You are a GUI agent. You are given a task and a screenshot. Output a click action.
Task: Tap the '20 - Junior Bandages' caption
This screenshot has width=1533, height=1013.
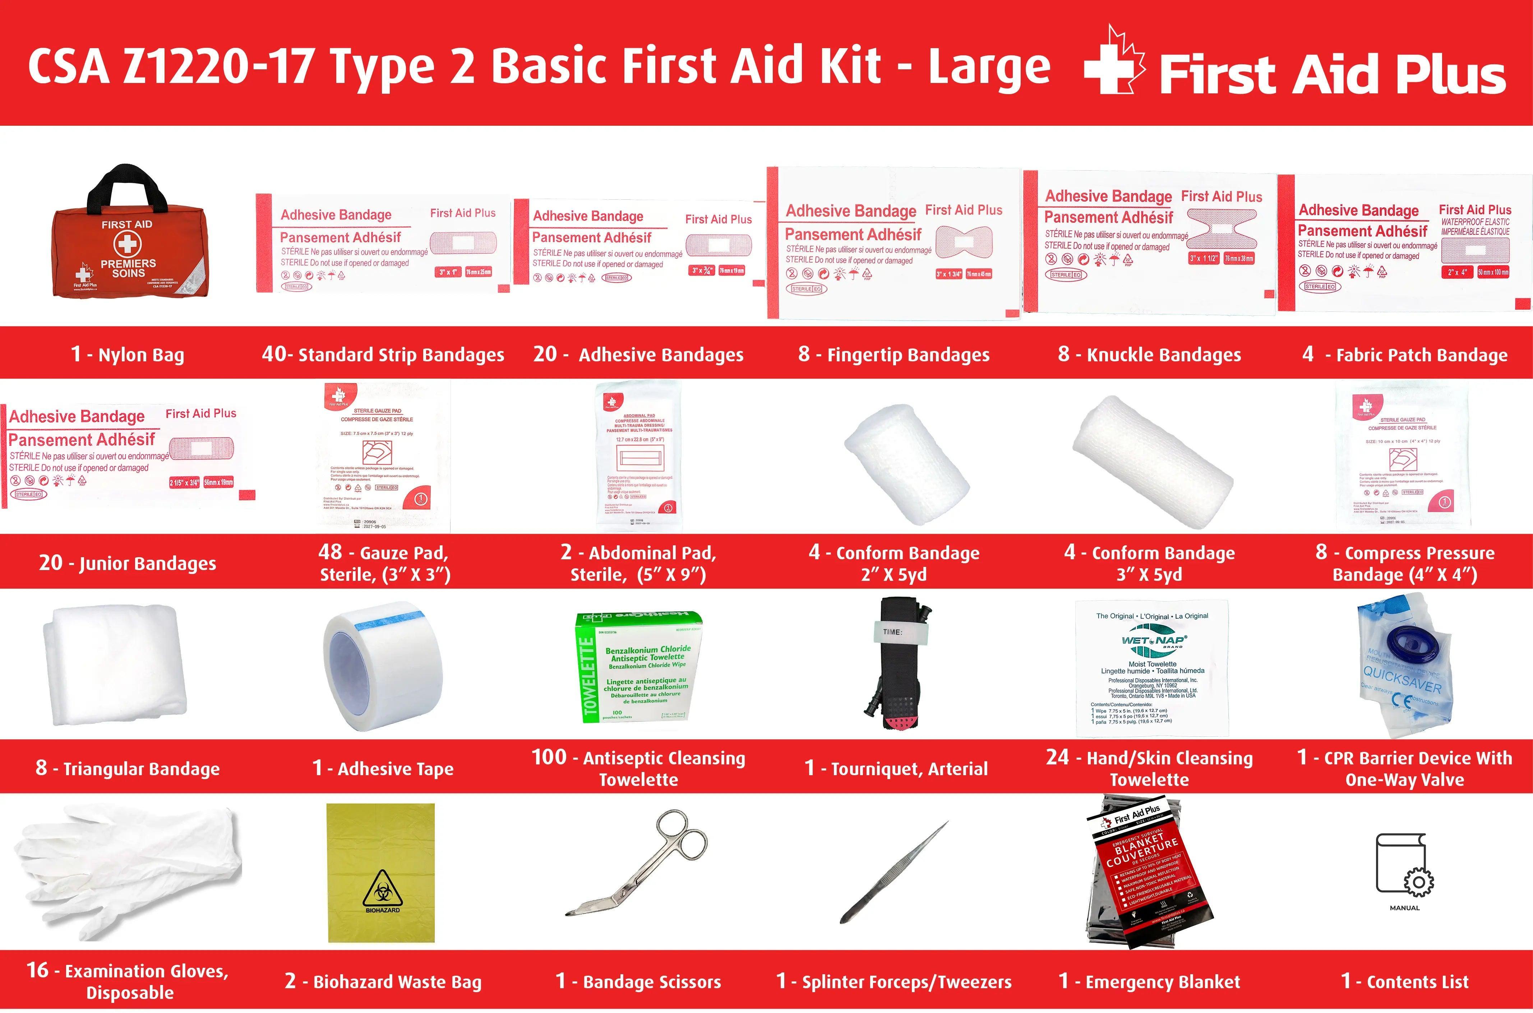127,563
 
